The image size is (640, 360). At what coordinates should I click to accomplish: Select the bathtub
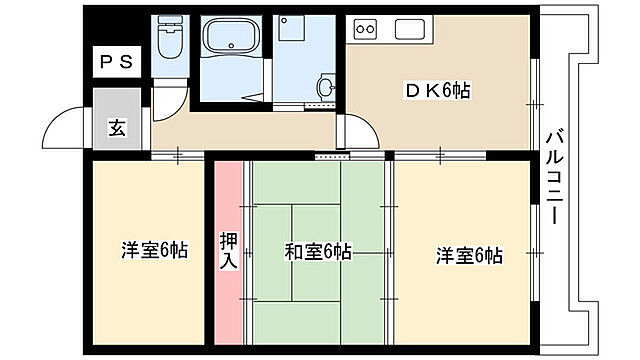[232, 44]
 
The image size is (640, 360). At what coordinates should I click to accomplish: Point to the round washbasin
[326, 86]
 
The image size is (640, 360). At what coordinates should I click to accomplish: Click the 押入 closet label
[227, 250]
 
